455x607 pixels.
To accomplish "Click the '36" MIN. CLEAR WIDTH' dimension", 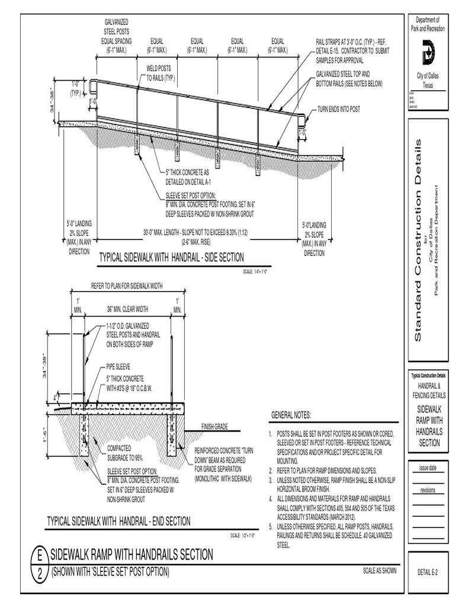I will point(127,309).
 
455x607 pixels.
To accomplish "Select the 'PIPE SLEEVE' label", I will point(118,367).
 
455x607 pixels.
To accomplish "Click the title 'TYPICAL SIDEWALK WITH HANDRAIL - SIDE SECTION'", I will point(171,257).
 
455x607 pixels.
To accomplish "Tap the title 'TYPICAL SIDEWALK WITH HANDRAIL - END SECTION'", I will point(119,521).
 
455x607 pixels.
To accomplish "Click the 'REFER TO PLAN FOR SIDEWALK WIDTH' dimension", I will point(127,285).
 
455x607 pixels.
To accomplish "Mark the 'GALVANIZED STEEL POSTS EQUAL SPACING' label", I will point(118,36).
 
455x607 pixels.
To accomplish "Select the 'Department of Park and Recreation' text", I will point(428,25).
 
